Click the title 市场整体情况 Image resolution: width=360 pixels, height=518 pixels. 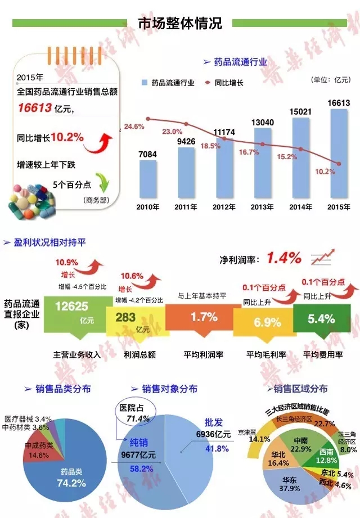point(180,23)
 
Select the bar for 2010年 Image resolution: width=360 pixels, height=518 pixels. point(148,177)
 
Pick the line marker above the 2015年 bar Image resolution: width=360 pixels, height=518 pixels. point(339,163)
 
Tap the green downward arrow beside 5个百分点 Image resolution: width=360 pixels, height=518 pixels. point(103,183)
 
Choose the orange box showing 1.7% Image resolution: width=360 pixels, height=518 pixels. point(204,317)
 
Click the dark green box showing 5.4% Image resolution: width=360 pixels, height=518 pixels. point(321,318)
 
